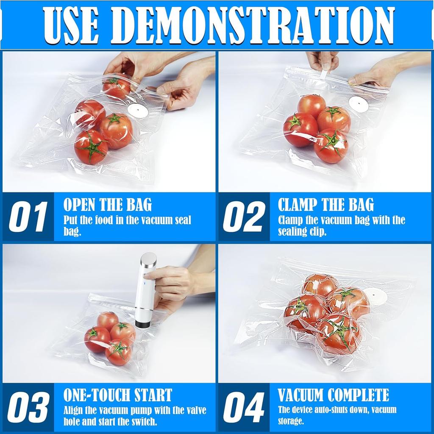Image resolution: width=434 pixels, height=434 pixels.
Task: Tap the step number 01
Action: coord(28,217)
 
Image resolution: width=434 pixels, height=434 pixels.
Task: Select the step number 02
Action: coord(244,217)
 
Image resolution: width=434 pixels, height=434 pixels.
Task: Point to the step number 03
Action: coord(28,408)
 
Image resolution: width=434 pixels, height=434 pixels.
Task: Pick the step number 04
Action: coord(244,408)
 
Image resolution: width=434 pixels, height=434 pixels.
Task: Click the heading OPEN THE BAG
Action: coord(107,205)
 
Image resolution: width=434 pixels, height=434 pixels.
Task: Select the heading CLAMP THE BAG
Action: coord(325,205)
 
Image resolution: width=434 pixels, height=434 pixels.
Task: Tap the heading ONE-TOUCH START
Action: coord(117,395)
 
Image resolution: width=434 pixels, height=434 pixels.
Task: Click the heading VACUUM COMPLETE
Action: coord(333,395)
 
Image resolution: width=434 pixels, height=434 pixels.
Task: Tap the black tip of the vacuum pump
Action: coord(143,324)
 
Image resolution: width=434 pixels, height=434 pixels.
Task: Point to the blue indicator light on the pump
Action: coord(144,284)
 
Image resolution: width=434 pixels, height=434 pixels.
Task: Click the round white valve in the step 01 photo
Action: coord(138,111)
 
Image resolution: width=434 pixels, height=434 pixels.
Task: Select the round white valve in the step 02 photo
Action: coord(359,104)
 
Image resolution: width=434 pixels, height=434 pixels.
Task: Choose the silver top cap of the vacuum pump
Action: coord(148,259)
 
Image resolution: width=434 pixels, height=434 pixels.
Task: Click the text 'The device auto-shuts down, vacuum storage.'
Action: coord(337,415)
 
